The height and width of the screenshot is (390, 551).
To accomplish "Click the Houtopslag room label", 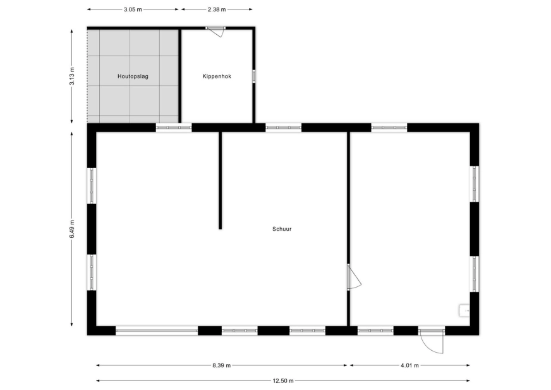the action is (x=133, y=76).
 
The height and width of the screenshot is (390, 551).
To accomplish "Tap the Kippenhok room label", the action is (x=217, y=76).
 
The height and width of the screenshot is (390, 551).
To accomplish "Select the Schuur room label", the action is (x=282, y=229).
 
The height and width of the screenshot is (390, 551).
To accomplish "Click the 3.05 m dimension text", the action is (x=133, y=9).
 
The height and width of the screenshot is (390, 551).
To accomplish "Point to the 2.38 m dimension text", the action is (x=217, y=9).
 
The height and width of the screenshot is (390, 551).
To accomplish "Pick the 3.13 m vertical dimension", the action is (x=72, y=76).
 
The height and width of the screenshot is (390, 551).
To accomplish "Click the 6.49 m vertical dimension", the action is (x=72, y=229).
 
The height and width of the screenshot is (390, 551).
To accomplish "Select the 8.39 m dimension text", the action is (x=221, y=365).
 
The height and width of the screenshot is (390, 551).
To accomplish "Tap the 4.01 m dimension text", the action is (x=409, y=365).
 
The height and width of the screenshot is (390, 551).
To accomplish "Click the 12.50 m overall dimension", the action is (x=283, y=381).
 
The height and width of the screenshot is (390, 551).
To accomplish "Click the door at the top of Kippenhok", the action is (x=215, y=31).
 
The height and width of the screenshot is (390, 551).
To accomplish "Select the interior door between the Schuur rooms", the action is (x=353, y=277).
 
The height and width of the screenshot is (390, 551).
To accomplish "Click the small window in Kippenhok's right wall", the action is (x=254, y=76).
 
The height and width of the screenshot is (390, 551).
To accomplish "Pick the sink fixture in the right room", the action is (x=464, y=310).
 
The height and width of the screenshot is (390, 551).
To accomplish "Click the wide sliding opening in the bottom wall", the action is (x=157, y=331).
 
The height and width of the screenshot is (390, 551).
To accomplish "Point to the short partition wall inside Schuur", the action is (x=221, y=180).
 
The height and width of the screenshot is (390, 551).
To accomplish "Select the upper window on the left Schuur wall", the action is (x=92, y=186).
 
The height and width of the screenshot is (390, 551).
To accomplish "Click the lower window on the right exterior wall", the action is (x=475, y=274).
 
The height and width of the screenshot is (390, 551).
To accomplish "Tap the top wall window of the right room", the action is (x=389, y=128).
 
